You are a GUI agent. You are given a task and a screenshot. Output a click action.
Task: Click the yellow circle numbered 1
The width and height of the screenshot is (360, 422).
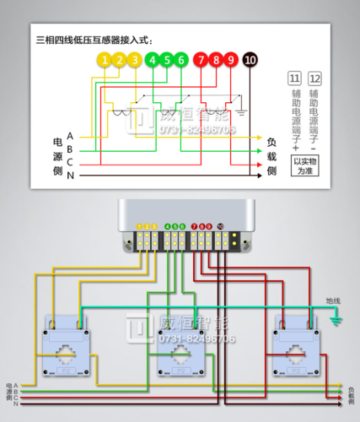(x=104, y=60)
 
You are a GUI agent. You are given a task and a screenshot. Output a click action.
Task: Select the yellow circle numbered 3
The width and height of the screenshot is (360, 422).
(x=136, y=60)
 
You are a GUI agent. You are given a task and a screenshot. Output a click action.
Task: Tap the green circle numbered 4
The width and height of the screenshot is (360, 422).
(x=152, y=60)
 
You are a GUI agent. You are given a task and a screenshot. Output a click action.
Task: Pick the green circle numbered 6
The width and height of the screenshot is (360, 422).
(x=183, y=60)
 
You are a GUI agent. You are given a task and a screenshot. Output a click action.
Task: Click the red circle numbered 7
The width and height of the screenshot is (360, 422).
(x=200, y=60)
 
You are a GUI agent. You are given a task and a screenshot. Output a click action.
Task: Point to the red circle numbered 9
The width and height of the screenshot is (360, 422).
(x=232, y=60)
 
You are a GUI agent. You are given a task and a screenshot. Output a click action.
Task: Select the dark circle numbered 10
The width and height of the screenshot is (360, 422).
(x=250, y=60)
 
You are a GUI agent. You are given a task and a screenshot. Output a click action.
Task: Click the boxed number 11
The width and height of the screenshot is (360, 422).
(x=294, y=78)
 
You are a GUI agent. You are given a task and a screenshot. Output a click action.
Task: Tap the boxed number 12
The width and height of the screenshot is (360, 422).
(x=314, y=78)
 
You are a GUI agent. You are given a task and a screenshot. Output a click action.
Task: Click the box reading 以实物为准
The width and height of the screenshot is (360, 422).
(x=304, y=165)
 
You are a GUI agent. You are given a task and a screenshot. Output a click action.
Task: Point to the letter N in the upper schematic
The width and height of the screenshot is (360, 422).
(x=70, y=176)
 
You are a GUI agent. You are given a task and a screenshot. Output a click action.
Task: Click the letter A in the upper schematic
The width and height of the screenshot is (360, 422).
(x=70, y=136)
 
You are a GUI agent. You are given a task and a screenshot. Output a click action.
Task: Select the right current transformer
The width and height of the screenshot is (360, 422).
(x=294, y=347)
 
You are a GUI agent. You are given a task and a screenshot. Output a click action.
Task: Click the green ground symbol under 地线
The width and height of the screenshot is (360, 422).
(x=336, y=320)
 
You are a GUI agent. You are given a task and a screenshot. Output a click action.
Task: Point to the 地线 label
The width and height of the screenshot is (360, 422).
(x=333, y=300)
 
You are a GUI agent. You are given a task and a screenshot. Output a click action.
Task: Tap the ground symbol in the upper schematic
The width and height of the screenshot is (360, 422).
(x=241, y=110)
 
